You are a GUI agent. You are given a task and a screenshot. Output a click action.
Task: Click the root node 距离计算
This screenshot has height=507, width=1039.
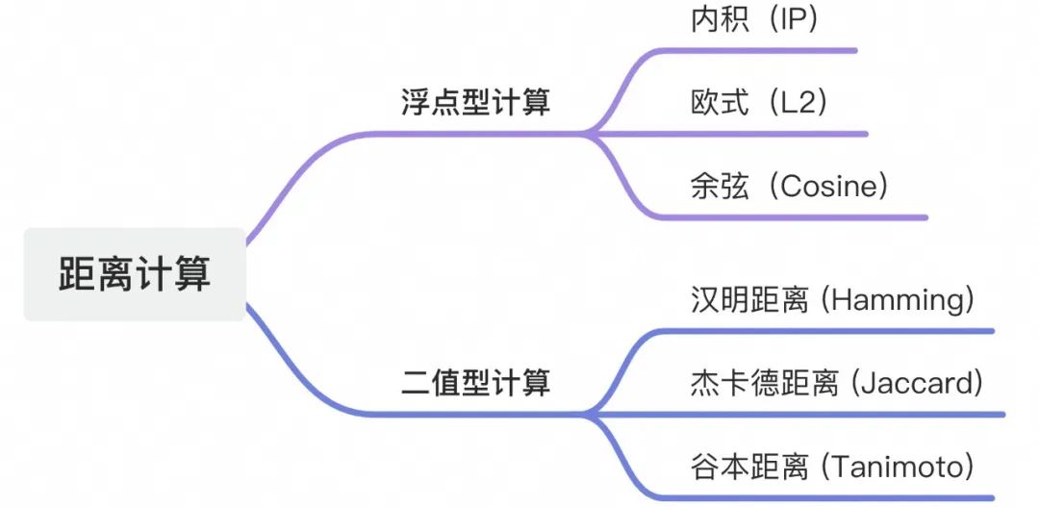point(135,274)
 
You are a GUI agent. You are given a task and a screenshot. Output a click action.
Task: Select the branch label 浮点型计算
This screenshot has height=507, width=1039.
point(476,103)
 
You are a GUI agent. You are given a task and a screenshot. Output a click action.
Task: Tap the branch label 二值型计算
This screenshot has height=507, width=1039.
point(476,384)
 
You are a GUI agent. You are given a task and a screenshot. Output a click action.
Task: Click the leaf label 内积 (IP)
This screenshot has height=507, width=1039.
point(755,20)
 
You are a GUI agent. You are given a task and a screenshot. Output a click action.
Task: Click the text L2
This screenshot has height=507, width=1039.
point(799,104)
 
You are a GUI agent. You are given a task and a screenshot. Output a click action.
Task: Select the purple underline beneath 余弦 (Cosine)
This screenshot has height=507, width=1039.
point(791,216)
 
